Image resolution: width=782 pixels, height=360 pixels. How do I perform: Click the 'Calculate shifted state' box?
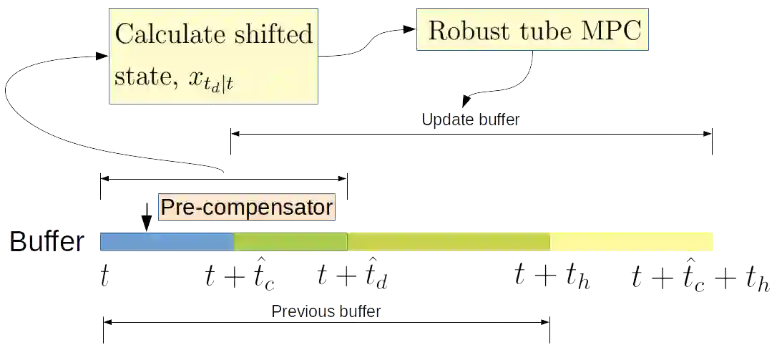pos(213,57)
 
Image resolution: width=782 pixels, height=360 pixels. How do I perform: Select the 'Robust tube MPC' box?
pos(532,29)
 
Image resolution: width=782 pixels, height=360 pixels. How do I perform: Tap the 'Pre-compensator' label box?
pos(246,208)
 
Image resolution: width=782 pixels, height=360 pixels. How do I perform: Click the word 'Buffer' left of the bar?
pos(47,242)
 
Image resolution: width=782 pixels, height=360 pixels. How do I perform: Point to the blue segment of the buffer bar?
pos(167,242)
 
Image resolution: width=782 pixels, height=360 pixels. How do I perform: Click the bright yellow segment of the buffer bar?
pos(631,241)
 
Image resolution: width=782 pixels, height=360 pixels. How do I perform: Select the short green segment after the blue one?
pos(290,242)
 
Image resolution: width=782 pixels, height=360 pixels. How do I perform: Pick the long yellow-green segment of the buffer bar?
pos(449,241)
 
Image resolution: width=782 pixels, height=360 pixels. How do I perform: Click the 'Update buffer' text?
pos(470,120)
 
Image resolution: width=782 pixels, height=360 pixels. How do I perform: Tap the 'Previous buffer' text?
pos(326,312)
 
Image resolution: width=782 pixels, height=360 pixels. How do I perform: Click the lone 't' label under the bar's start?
pos(104,276)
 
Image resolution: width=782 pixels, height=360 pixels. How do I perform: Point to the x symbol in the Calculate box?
pos(195,79)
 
